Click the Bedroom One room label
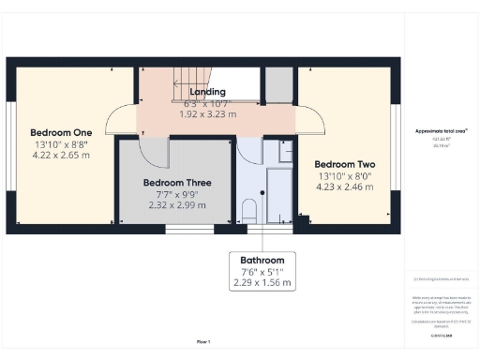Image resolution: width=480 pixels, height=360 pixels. click(x=60, y=132)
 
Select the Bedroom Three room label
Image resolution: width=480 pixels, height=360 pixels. click(x=176, y=182)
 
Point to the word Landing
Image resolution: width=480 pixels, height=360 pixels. click(x=207, y=91)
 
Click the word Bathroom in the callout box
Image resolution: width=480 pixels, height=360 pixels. click(x=262, y=260)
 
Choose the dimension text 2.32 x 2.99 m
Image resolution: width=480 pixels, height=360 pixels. click(x=176, y=205)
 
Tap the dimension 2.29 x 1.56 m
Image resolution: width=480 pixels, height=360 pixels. click(x=262, y=282)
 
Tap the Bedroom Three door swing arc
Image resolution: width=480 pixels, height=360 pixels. click(x=155, y=152)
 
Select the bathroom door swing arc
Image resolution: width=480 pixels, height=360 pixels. click(x=249, y=150)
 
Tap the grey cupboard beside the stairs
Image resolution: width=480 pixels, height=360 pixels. click(x=277, y=83)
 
